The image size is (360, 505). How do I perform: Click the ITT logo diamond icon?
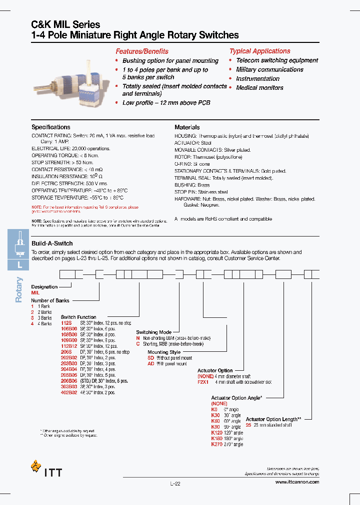(x=35, y=466)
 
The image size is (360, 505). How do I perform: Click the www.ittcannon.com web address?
(x=296, y=482)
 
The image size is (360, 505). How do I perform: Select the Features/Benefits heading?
(x=142, y=51)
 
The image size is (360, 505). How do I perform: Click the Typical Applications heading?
(x=259, y=51)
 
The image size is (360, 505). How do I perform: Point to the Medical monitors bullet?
(x=259, y=88)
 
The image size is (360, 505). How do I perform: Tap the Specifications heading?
(x=51, y=127)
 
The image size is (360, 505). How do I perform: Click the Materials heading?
(x=187, y=127)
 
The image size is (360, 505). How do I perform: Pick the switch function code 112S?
(x=66, y=323)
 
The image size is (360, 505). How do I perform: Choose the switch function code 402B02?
(x=69, y=393)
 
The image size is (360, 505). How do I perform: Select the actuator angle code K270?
(x=217, y=444)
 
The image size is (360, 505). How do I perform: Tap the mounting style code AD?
(x=150, y=364)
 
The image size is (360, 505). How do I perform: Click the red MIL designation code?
(x=35, y=293)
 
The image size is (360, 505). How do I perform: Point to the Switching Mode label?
(x=153, y=332)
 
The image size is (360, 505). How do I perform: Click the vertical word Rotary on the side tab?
(x=19, y=290)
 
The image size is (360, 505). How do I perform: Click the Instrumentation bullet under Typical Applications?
(x=257, y=79)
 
